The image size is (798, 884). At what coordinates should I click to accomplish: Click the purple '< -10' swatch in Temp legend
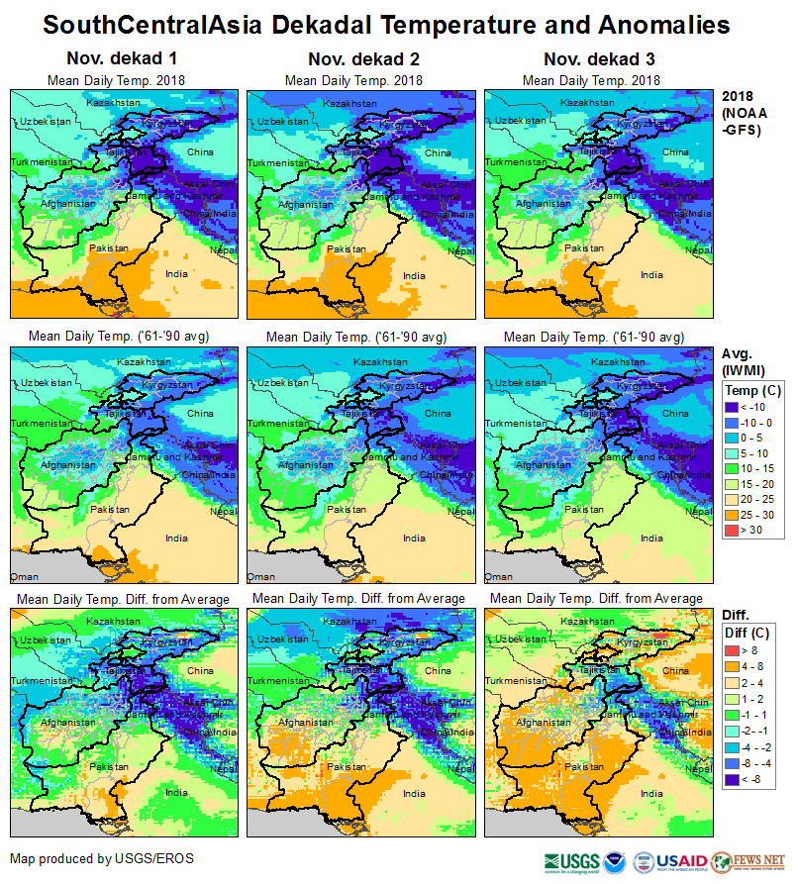733,407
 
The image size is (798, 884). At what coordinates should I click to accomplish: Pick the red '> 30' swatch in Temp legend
733,532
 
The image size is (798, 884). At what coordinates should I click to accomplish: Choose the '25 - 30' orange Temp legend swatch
733,516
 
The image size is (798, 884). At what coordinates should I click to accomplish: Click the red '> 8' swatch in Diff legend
733,650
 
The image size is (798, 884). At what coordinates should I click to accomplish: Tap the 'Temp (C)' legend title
753,391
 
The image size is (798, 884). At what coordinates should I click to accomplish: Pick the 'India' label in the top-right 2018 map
651,275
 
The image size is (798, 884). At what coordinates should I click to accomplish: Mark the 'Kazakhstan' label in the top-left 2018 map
110,103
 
